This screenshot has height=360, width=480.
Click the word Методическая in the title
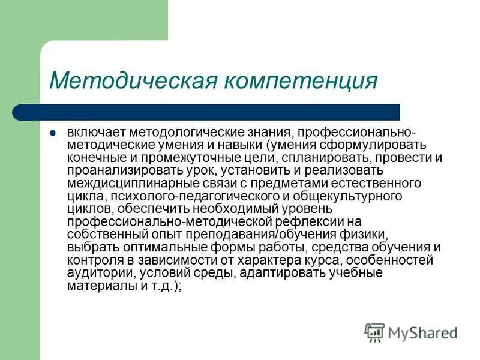(x=133, y=80)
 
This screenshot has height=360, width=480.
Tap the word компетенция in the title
(x=301, y=80)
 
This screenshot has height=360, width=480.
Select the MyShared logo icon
(x=374, y=332)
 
